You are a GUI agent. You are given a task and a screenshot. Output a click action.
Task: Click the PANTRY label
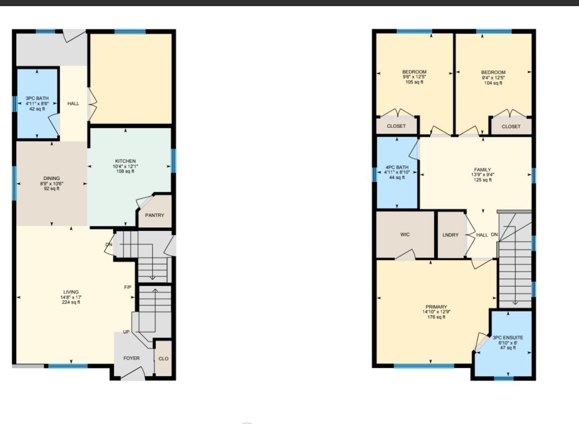(x=154, y=215)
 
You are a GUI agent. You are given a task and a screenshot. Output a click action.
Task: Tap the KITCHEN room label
(x=125, y=161)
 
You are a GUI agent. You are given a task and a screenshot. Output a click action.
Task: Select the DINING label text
(x=51, y=179)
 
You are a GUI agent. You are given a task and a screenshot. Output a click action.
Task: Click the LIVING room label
(x=71, y=292)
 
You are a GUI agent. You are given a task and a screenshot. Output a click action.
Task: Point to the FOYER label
(x=131, y=358)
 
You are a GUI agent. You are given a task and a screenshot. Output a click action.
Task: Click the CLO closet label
(x=163, y=359)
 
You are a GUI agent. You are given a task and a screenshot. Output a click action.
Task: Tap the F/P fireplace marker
(x=128, y=287)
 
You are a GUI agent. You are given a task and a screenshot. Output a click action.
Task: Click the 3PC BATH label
(x=37, y=98)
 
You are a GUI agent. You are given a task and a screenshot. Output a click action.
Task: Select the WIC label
(x=405, y=234)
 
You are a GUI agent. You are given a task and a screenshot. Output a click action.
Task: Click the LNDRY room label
(x=450, y=235)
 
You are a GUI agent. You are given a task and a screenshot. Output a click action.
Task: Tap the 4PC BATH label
(x=397, y=167)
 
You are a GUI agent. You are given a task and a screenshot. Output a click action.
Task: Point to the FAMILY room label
(x=482, y=169)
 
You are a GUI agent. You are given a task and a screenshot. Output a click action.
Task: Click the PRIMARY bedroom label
(x=436, y=307)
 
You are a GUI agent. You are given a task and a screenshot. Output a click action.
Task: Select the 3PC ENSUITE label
(x=508, y=338)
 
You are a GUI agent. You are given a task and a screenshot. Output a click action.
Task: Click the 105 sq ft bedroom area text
(x=414, y=82)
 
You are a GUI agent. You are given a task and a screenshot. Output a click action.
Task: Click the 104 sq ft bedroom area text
(x=493, y=83)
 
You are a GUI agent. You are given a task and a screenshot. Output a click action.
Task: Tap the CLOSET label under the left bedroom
(x=396, y=126)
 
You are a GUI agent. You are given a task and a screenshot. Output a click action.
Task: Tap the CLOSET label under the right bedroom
(x=511, y=126)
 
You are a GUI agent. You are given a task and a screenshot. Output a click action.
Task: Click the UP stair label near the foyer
(x=126, y=332)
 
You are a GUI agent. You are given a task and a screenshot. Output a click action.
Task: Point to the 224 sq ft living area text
(x=71, y=302)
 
